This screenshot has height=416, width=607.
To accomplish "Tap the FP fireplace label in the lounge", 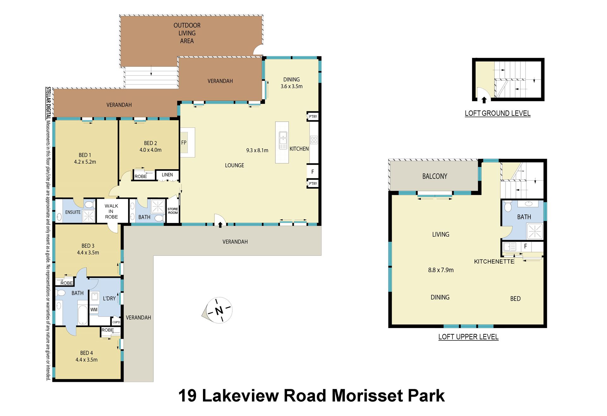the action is pos(184,143).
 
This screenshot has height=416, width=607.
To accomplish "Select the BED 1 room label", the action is pos(85,155).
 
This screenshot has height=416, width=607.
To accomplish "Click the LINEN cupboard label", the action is pos(167,175).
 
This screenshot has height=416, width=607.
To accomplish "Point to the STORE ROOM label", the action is pos(173,211).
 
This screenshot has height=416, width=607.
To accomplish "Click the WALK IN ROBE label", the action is pos(111,211).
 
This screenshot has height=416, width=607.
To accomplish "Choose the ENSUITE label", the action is pos(73,212).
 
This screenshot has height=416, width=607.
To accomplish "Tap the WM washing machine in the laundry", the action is pos(94,310).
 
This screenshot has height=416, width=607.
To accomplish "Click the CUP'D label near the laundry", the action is pos(116,322).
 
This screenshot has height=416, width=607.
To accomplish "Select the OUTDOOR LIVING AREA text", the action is pos(187,33).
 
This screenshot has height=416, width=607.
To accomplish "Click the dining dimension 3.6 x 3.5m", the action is pos(291,86).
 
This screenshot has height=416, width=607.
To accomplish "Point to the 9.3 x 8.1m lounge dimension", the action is pos(257,150).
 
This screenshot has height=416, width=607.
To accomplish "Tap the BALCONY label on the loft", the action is pos(435,176).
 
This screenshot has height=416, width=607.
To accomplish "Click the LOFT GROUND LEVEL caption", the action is pos(498,113).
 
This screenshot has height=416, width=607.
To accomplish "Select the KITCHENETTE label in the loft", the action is pos(494,261).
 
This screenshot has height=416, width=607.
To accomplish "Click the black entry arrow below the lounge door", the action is pos(220,225).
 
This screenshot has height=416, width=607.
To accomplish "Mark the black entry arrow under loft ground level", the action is pos(484,100).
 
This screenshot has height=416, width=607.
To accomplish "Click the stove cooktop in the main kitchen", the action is pos(314,140).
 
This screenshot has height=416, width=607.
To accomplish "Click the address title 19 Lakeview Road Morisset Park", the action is pos(311,395).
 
